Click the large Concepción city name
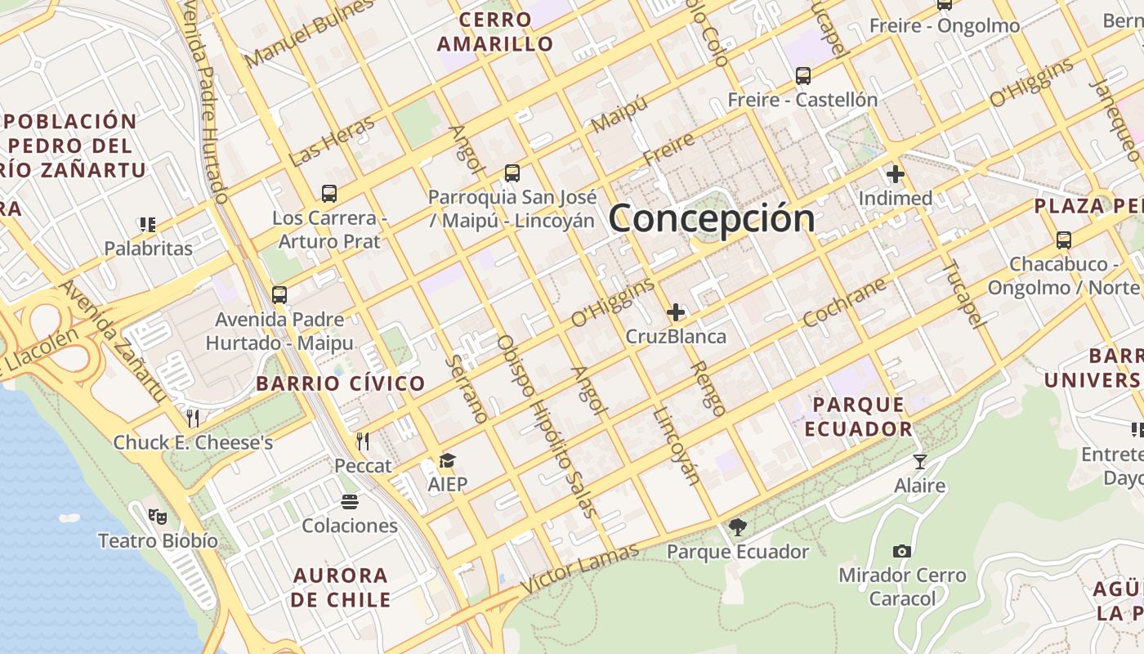[x=712, y=218]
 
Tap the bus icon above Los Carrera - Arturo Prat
[x=329, y=194]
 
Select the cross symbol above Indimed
[x=896, y=174]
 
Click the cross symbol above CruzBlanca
[x=676, y=312]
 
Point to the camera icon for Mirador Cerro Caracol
[x=902, y=551]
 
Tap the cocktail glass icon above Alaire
[x=920, y=462]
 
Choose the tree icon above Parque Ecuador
[x=738, y=527]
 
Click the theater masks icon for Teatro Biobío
[x=158, y=517]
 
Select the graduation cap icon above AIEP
[x=447, y=461]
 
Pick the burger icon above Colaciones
[x=350, y=501]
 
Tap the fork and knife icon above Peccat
[x=363, y=441]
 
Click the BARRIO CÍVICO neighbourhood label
[x=341, y=383]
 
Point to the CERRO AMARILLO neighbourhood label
[x=495, y=32]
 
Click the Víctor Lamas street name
[x=579, y=569]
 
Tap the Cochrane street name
[x=844, y=302]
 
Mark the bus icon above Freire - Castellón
[x=803, y=76]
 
